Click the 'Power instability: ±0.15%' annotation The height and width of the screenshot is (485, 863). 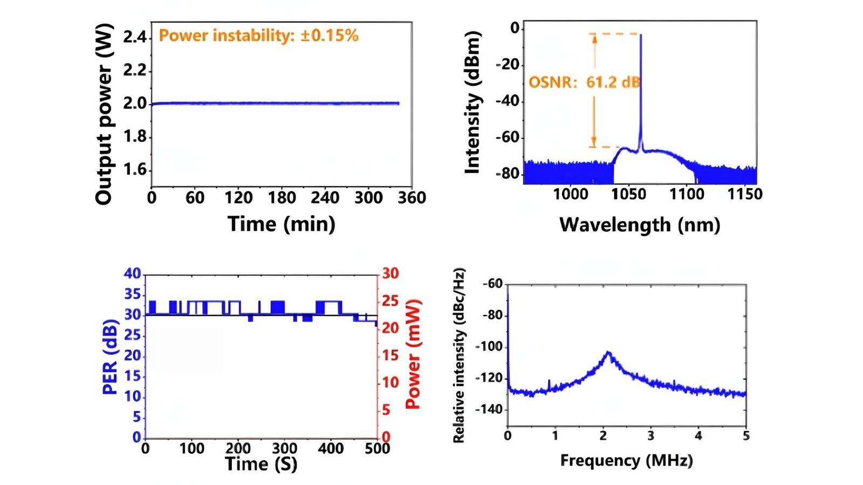pos(259,36)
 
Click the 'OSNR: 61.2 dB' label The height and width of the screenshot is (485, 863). pos(584,82)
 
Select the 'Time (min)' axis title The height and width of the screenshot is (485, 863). pos(281,224)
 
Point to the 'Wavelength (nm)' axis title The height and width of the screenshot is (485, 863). pos(640,224)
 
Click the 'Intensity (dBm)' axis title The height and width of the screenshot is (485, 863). pos(473,102)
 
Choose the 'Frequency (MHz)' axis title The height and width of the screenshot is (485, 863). pos(627,460)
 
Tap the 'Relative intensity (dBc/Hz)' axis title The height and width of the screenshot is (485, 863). pos(459,356)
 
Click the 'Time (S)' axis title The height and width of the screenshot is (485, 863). pos(261,464)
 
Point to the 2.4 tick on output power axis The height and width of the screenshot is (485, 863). pos(134,37)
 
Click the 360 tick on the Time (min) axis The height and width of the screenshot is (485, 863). pos(412,198)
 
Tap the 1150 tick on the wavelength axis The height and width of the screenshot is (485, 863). pos(745,194)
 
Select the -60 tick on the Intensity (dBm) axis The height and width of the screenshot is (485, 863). pos(507,137)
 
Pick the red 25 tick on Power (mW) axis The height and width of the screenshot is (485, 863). pos(391,301)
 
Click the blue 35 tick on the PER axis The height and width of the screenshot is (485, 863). pos(133,294)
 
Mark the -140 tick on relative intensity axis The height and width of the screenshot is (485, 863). pos(489,410)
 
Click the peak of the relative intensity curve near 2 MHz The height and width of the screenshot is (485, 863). pos(608,352)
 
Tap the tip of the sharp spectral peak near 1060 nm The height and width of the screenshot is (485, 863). pos(641,34)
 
